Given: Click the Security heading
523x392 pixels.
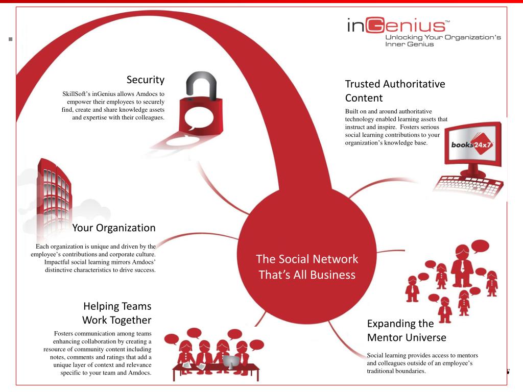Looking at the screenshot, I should click(146, 80).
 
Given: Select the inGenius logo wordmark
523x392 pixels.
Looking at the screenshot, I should click(396, 26).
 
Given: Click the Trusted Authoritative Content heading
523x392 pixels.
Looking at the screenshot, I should click(395, 90).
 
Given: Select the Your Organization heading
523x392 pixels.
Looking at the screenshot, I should click(113, 227).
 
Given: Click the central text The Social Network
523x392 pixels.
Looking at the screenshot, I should click(307, 259).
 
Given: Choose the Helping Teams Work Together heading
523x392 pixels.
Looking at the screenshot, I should click(117, 313).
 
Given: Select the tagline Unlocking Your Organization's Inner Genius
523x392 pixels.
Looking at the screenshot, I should click(443, 40).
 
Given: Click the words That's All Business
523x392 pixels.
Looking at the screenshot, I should click(307, 275).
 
